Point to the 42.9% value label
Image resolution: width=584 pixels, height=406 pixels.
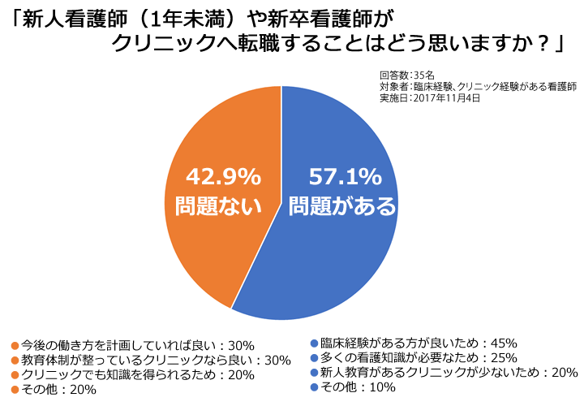[223, 175]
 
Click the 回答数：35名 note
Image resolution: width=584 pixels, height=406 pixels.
[407, 74]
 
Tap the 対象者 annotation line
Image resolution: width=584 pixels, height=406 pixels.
[477, 86]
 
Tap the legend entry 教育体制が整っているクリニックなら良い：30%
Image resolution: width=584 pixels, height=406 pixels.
[143, 359]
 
